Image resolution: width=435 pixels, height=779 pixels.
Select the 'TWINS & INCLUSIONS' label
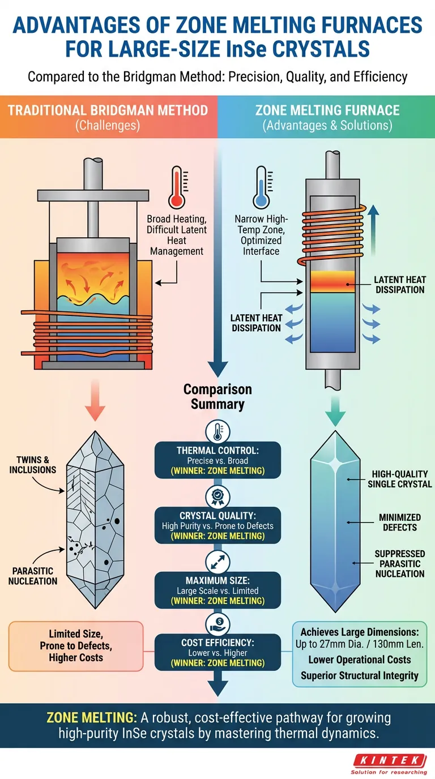point(32,464)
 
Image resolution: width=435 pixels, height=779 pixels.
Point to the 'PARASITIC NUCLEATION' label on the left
point(32,575)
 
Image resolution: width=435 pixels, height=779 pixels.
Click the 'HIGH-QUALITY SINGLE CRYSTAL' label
point(399,479)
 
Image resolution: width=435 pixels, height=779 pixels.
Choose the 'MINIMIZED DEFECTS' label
point(399,522)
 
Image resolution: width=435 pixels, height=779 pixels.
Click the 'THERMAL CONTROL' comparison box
point(217,460)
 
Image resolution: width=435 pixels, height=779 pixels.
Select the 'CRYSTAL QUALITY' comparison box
point(217,525)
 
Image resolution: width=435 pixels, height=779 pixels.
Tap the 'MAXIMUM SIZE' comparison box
point(217,590)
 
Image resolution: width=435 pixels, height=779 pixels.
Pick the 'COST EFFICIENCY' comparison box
point(217,653)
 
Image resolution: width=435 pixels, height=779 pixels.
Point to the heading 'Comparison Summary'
point(217,396)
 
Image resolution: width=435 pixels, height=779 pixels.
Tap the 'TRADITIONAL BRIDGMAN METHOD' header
point(108,110)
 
